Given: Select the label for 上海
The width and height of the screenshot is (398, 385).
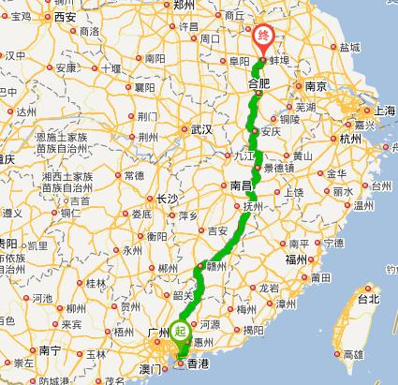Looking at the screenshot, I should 384,111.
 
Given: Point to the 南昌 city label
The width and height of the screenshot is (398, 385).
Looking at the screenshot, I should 240,185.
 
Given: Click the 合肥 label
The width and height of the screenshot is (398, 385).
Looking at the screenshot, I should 259,84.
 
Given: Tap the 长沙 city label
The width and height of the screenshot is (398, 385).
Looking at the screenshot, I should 168,199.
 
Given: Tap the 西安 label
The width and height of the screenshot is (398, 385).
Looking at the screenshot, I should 65,17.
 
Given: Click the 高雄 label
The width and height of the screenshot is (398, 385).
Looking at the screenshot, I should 353,354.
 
